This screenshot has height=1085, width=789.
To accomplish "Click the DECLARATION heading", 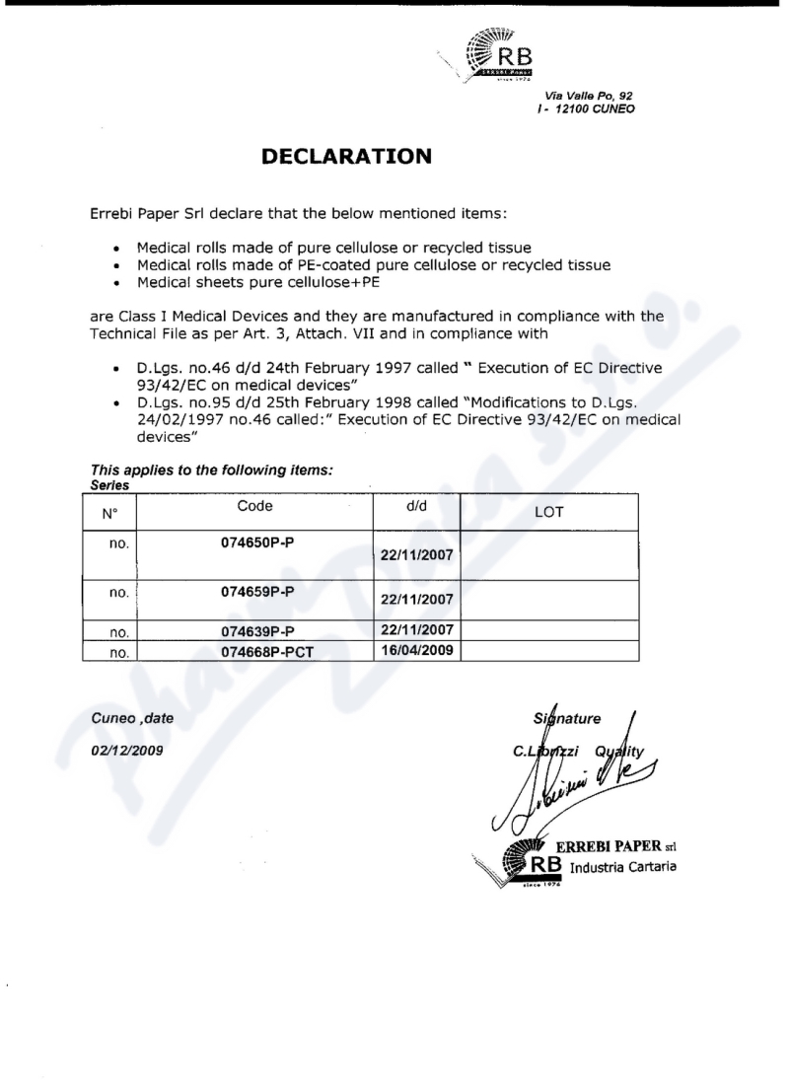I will (x=346, y=156).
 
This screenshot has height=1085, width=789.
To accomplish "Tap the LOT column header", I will (x=549, y=512).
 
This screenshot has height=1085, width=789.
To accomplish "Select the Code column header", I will (x=254, y=506).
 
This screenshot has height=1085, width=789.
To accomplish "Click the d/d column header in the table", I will (x=416, y=506).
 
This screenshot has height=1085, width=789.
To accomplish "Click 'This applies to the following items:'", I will (x=212, y=472).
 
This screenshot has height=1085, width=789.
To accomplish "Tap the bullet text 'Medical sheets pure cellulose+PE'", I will (x=254, y=282).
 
